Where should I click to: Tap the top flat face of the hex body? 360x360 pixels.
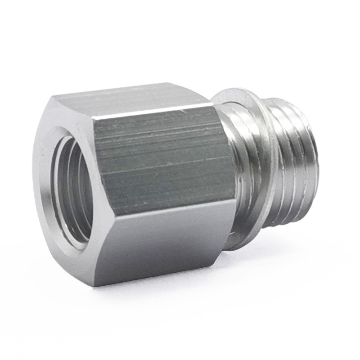click(x=135, y=97)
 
